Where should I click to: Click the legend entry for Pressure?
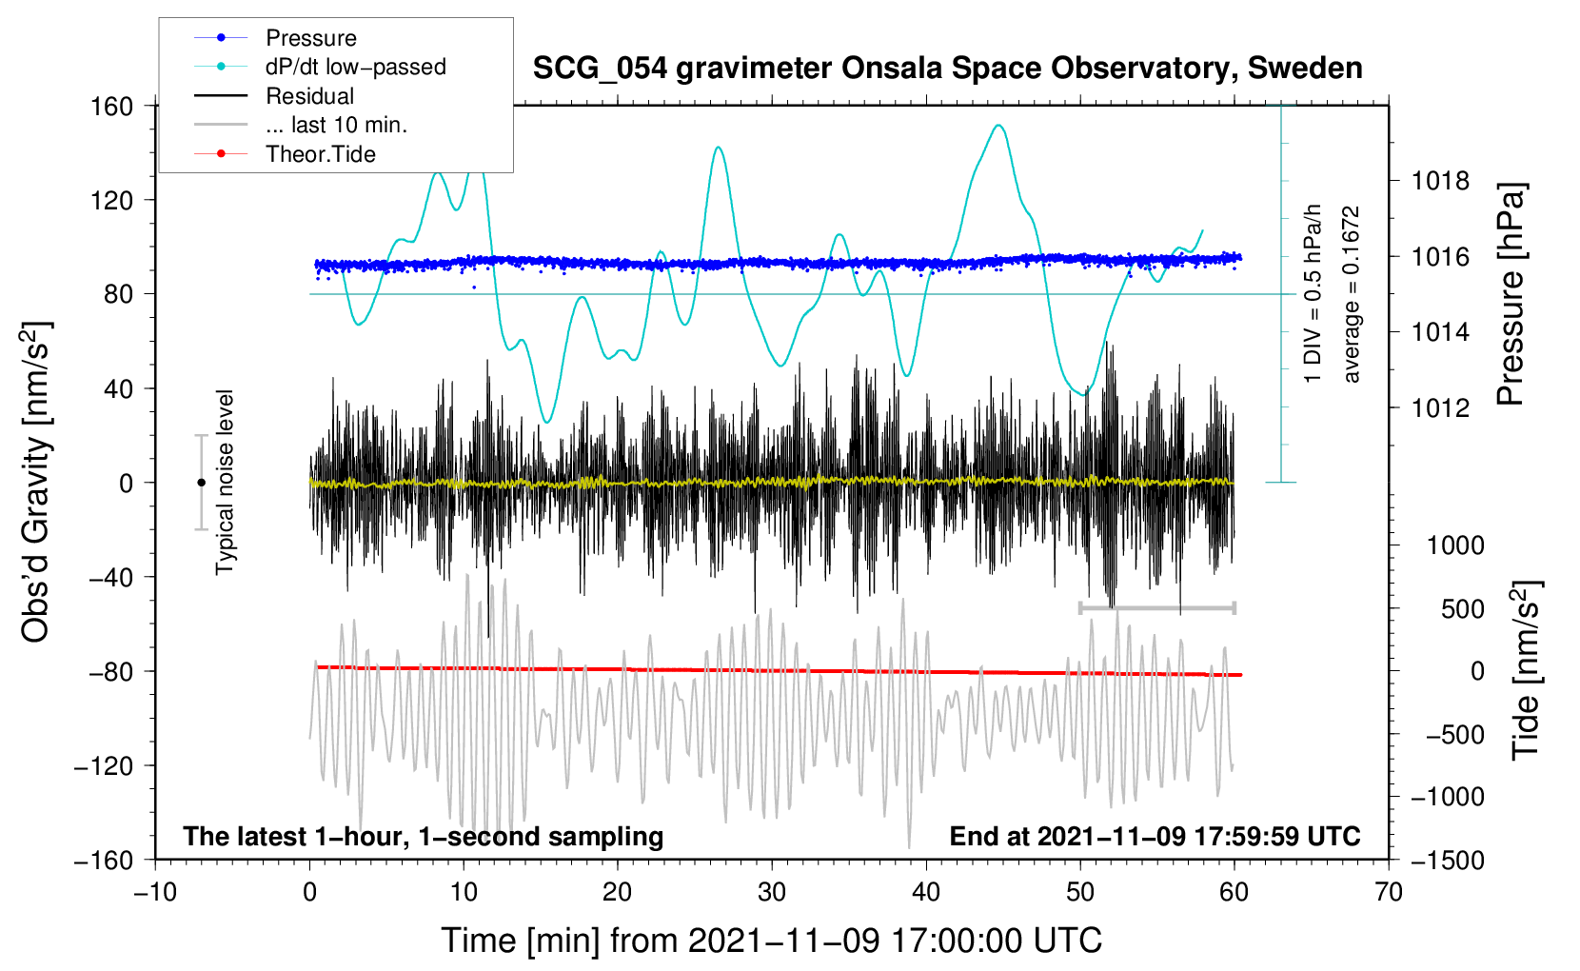[x=276, y=37]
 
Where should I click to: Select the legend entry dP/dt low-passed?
[x=320, y=67]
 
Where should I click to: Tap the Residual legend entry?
[x=274, y=96]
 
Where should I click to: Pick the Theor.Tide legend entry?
[x=285, y=154]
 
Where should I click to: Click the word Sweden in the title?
[x=1305, y=68]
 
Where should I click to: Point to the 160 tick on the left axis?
[x=111, y=107]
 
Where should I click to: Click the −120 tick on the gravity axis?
[x=104, y=765]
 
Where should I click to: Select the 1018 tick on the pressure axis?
[x=1440, y=182]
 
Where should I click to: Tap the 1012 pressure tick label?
[x=1440, y=407]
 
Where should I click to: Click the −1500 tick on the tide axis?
[x=1448, y=861]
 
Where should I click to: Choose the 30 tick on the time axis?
[x=772, y=893]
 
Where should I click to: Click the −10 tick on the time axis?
[x=155, y=893]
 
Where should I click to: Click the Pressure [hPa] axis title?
[x=1511, y=294]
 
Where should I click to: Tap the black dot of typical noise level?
[x=201, y=483]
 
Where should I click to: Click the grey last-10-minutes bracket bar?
[x=1156, y=607]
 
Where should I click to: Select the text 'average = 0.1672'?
[x=1351, y=294]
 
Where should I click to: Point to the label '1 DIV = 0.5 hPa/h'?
[x=1312, y=294]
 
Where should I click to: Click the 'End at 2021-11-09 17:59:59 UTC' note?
[x=1155, y=836]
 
